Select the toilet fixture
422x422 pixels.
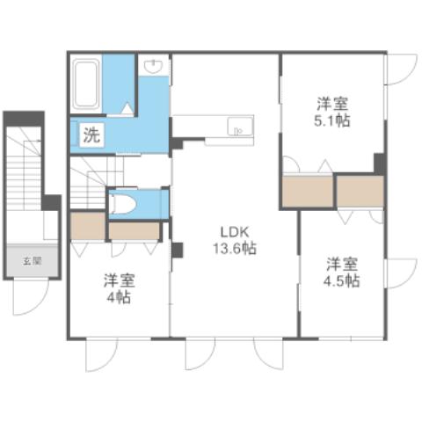[x=124, y=204]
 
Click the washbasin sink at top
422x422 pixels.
[x=154, y=67]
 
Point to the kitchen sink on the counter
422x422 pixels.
[x=237, y=128]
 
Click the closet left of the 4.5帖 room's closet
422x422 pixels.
[x=307, y=191]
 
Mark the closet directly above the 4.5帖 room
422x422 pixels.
[x=360, y=191]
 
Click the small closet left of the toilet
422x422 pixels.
[x=87, y=226]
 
